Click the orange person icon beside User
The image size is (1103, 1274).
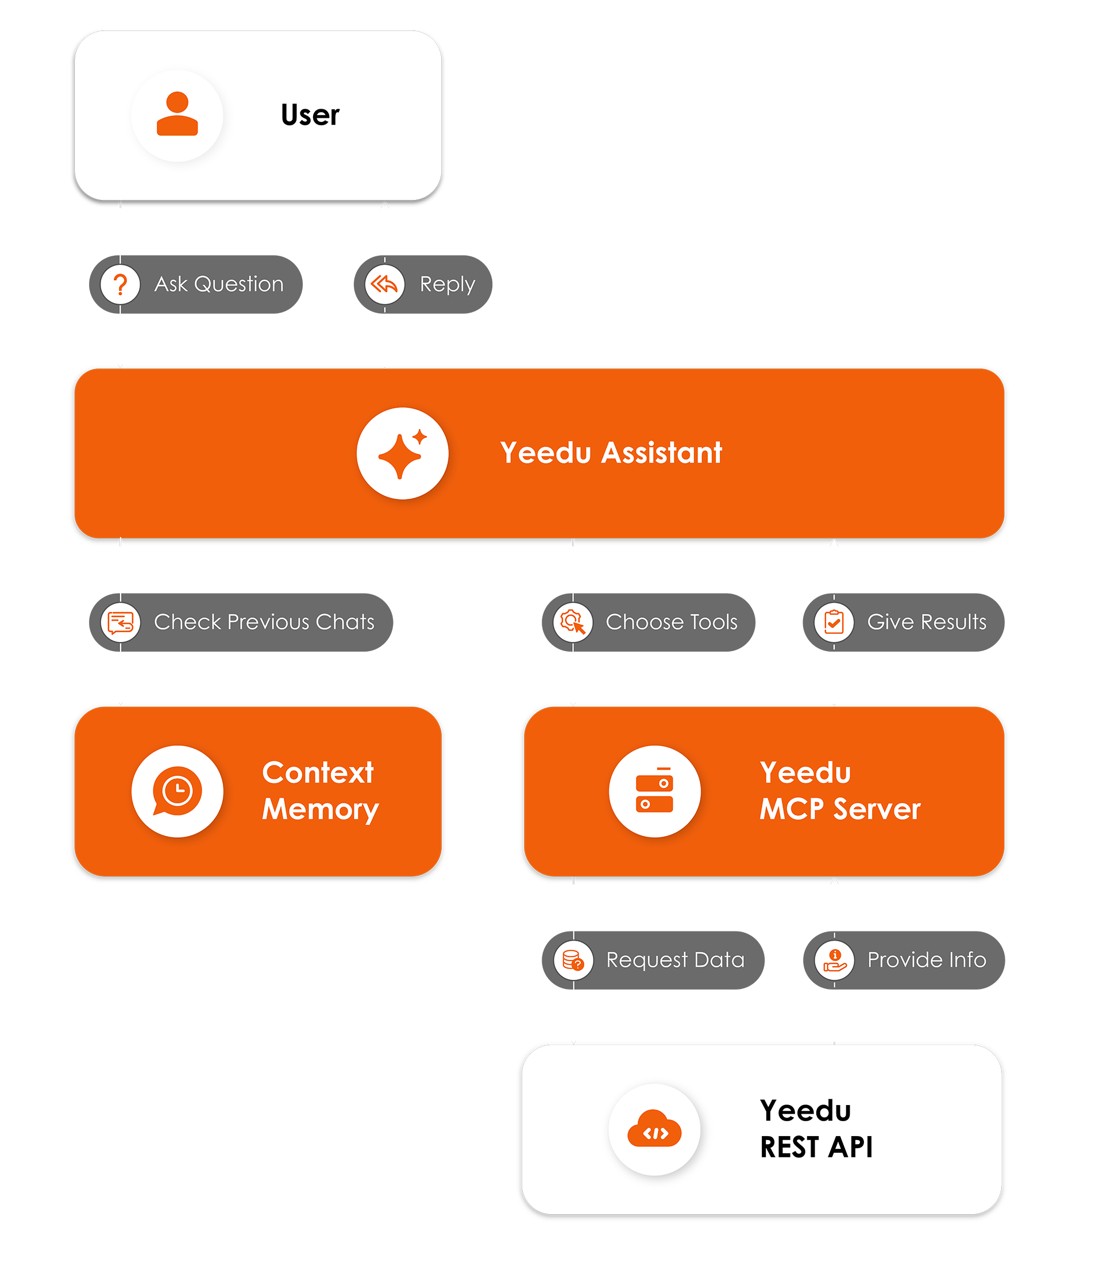[178, 114]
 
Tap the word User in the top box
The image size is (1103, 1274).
[310, 115]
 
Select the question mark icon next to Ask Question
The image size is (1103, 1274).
[120, 284]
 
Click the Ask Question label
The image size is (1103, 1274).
[218, 284]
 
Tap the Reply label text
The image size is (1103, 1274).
[447, 284]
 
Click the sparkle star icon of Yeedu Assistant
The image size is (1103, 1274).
[402, 453]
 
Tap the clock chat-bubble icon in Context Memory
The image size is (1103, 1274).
[178, 791]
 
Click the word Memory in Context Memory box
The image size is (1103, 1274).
[320, 809]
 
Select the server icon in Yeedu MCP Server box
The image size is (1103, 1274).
[654, 791]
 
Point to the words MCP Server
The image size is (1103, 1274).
[839, 809]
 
